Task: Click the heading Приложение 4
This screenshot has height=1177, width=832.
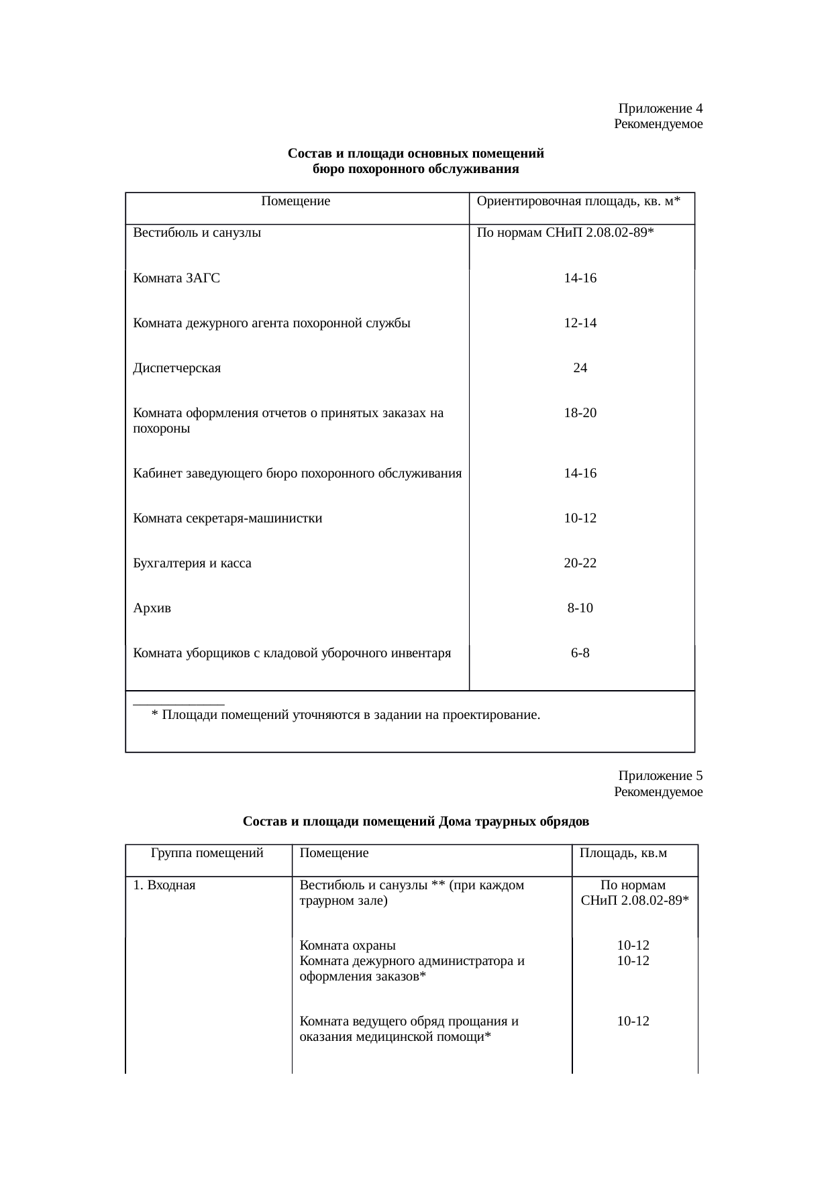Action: click(660, 109)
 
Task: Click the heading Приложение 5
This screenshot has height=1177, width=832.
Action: click(660, 776)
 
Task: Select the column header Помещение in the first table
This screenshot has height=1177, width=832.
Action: click(296, 201)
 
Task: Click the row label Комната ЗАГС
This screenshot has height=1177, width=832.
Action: click(176, 278)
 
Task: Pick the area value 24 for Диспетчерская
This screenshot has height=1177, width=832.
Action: click(580, 368)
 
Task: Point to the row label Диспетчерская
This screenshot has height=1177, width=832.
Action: click(177, 368)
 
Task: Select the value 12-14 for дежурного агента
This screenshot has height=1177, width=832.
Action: click(580, 323)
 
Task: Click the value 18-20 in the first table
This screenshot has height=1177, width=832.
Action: click(580, 412)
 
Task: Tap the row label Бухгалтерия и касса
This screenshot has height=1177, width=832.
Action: click(193, 563)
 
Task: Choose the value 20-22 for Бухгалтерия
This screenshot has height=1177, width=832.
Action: click(580, 563)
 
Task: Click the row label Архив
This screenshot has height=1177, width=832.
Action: click(152, 608)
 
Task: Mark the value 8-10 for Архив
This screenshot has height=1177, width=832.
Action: click(580, 608)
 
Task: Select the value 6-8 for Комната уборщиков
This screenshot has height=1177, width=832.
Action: click(580, 653)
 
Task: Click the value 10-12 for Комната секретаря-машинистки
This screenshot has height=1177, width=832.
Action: click(580, 518)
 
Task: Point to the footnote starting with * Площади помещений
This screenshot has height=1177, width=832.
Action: click(346, 714)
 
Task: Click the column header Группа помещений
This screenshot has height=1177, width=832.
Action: click(207, 853)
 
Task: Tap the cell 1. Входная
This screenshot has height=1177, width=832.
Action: click(164, 885)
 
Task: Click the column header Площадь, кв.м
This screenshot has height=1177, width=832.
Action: click(623, 853)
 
